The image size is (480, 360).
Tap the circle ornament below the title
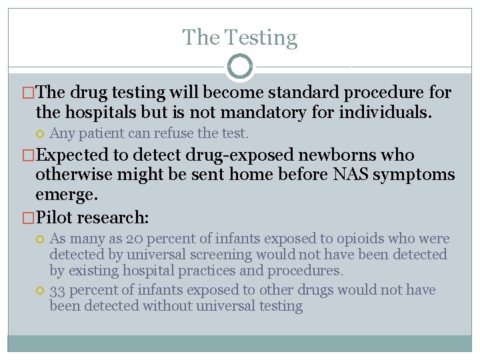[239, 67]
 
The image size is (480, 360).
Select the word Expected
[73, 155]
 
